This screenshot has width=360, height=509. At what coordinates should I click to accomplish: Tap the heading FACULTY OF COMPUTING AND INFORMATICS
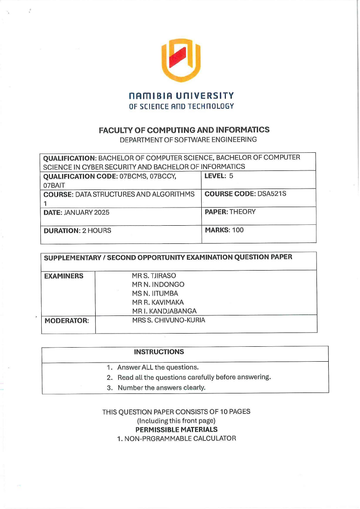[184, 130]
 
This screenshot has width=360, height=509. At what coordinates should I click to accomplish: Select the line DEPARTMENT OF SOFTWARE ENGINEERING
[185, 140]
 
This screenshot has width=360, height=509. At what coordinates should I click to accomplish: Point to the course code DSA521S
[272, 194]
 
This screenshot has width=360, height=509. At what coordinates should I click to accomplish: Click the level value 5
[231, 175]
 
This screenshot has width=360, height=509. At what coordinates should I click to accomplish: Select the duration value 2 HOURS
[96, 230]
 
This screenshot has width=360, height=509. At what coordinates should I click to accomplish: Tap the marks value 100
[238, 230]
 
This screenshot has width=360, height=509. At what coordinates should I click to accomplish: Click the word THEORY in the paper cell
[243, 212]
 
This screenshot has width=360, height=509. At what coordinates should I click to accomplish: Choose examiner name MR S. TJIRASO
[154, 276]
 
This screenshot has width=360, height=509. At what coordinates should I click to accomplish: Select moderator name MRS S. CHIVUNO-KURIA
[168, 320]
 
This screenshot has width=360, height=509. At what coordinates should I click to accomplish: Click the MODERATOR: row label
[66, 321]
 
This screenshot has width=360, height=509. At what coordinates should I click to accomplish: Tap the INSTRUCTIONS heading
[159, 352]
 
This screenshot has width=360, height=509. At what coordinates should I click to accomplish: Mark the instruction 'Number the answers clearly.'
[161, 388]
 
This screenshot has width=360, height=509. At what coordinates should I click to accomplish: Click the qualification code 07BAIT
[54, 185]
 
